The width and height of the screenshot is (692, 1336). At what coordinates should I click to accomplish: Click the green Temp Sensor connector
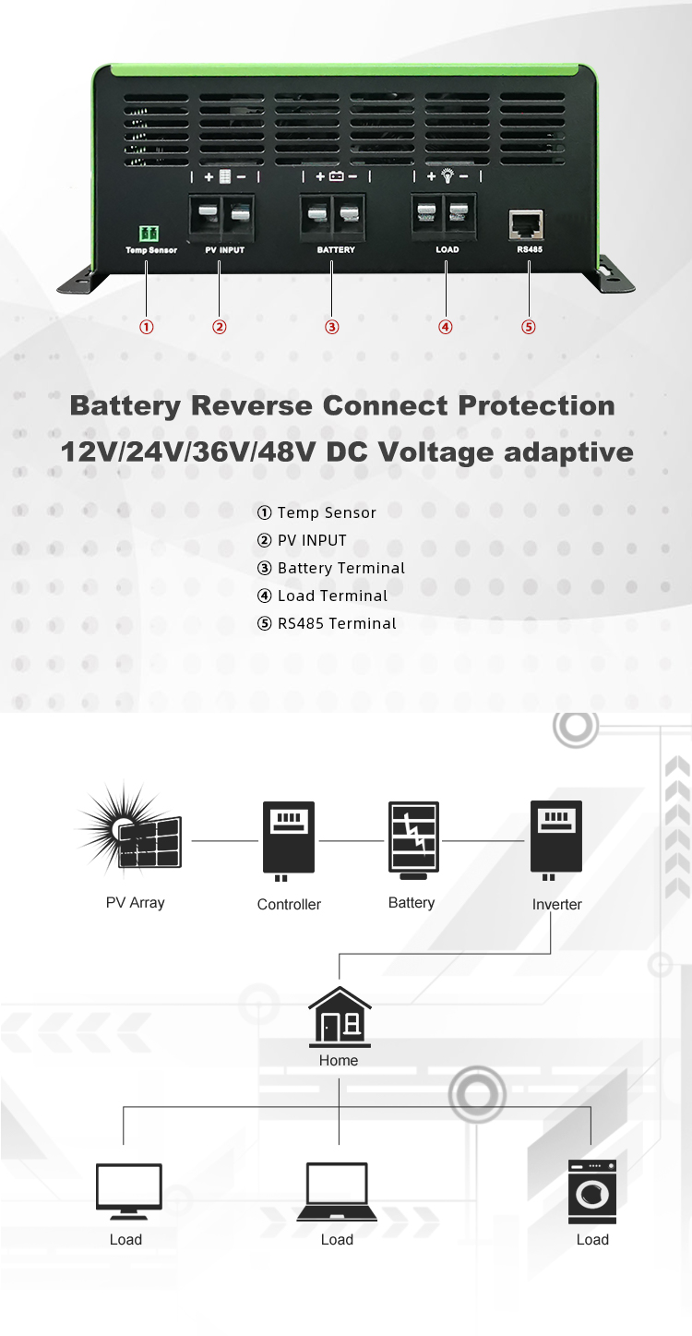coord(148,234)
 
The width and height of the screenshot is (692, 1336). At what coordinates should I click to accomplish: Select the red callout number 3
coord(332,326)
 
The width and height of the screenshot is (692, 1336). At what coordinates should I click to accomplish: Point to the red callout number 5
coord(529,326)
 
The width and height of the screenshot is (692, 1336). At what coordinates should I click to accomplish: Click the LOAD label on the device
coord(447,250)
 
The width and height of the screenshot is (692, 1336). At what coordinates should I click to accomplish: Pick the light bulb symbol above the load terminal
coord(447,175)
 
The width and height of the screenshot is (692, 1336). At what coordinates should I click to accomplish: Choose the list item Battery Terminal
coord(340,568)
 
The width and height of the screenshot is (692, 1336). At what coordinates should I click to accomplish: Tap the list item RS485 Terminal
coord(337,623)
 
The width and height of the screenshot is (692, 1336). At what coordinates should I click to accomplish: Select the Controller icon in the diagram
coord(288,838)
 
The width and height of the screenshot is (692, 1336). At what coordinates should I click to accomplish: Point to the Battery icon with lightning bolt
coord(412,838)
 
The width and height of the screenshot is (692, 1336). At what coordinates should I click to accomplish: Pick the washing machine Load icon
coord(592,1192)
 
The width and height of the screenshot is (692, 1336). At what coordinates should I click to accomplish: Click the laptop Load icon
coord(337,1193)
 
